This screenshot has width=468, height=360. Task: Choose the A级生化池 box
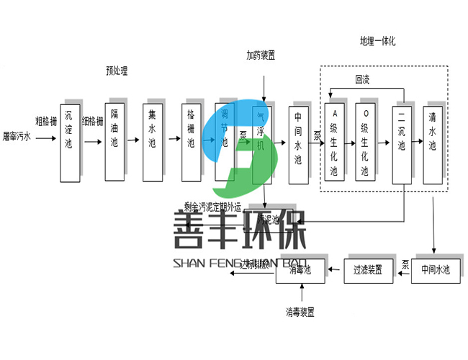click(x=333, y=143)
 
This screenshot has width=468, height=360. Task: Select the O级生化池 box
click(x=365, y=143)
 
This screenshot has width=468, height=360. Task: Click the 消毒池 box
click(x=300, y=270)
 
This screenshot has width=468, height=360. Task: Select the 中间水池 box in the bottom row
click(x=435, y=270)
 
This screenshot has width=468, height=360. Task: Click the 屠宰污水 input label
click(x=17, y=135)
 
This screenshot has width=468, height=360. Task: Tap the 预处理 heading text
click(x=117, y=71)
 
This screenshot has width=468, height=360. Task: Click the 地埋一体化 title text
click(x=378, y=40)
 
